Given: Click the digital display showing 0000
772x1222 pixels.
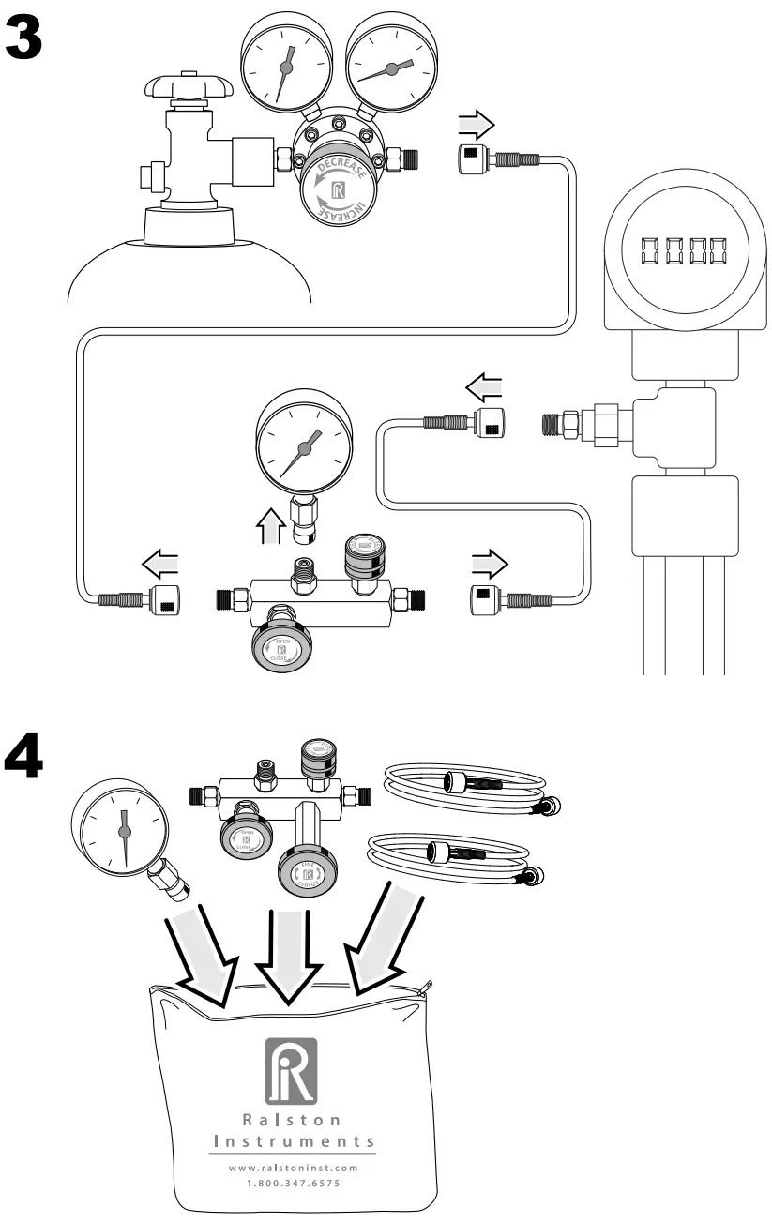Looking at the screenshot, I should (684, 251).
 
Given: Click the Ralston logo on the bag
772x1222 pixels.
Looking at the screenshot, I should (291, 1069).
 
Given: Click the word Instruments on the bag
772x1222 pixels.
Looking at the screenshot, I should (295, 1141).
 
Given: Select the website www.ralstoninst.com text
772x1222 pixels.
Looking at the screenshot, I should (295, 1168).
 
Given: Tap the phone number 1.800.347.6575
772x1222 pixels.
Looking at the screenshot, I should (295, 1184).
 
